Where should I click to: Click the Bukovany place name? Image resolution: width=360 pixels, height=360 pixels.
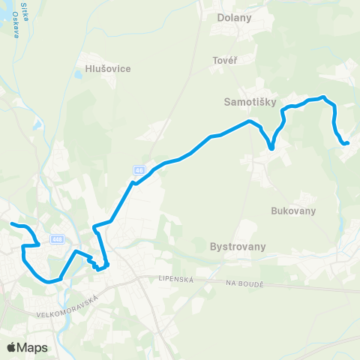(290, 211)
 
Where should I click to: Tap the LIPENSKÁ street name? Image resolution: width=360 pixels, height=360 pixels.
(176, 278)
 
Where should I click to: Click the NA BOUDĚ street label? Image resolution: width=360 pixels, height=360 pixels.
(246, 283)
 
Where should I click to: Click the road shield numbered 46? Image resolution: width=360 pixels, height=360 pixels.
(139, 169)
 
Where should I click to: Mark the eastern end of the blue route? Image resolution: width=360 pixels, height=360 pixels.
(348, 142)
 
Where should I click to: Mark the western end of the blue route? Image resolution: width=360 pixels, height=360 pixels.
(10, 223)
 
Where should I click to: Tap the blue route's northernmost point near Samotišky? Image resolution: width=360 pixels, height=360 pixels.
(322, 96)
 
